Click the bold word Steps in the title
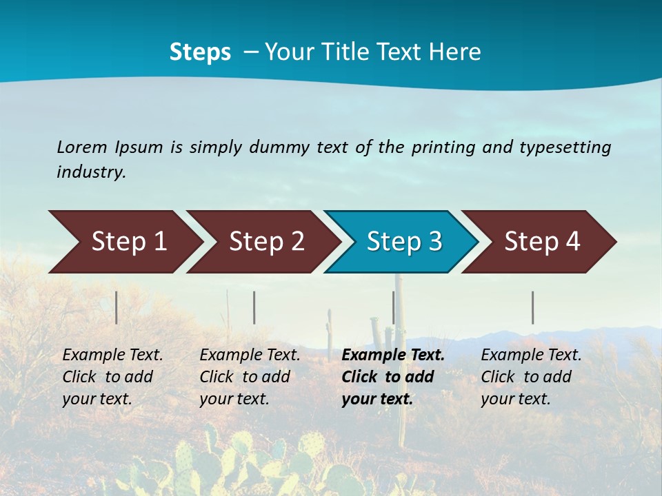200,52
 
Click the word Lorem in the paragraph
81,147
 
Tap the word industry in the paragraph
91,172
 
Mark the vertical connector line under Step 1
117,307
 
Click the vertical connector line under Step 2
254,307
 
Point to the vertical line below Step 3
393,307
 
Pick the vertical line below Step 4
532,307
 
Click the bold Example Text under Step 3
393,355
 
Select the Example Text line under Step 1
112,355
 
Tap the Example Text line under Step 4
531,355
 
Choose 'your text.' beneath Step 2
234,399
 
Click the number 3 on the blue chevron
434,242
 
